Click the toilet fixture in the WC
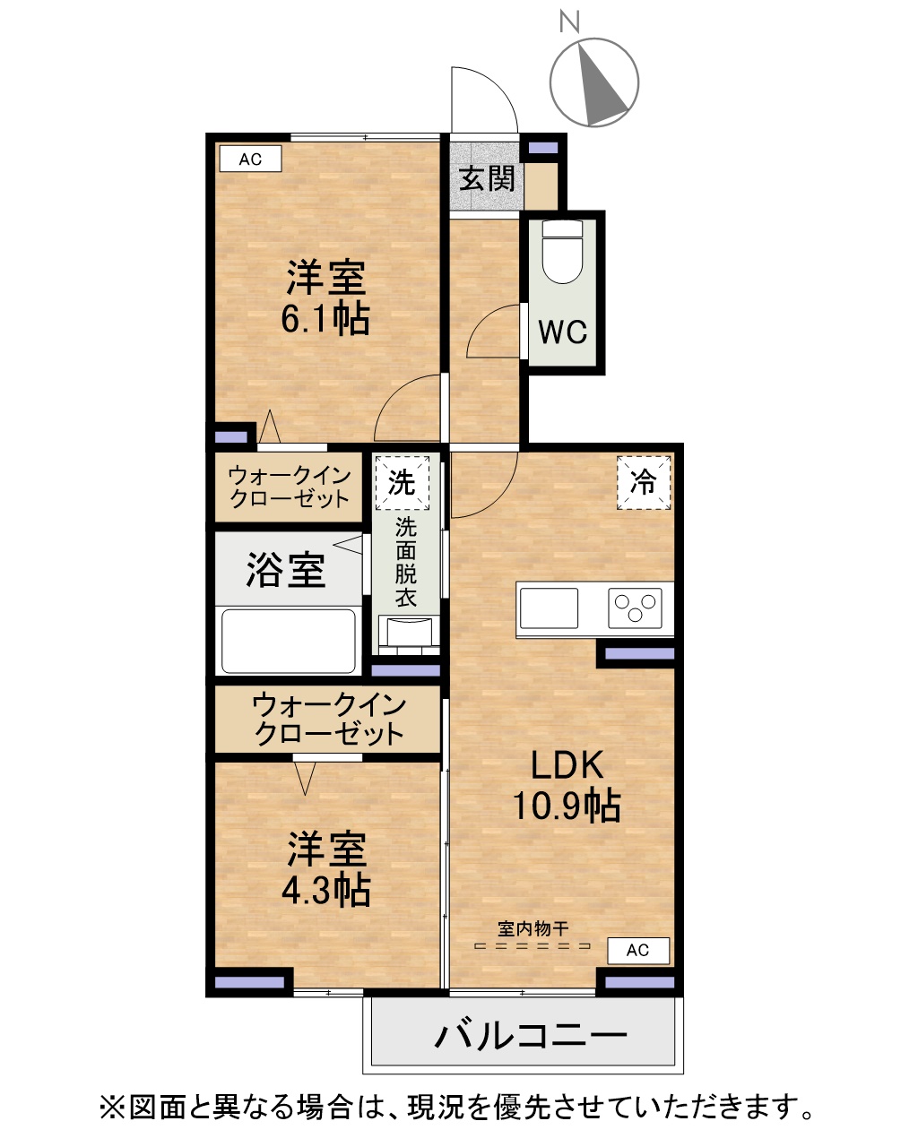(562, 252)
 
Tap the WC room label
(563, 332)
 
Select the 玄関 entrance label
(487, 178)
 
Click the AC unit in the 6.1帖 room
(251, 159)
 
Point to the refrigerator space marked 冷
(644, 483)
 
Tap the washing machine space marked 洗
(403, 483)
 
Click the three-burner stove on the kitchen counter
(635, 608)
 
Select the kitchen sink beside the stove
(549, 608)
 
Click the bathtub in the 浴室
(288, 642)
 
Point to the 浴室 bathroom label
(286, 570)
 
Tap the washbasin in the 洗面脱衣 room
(409, 634)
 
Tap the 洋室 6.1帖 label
(326, 298)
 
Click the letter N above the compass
(569, 22)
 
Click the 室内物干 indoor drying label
(533, 928)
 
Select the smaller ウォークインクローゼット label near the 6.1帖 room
(289, 487)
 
